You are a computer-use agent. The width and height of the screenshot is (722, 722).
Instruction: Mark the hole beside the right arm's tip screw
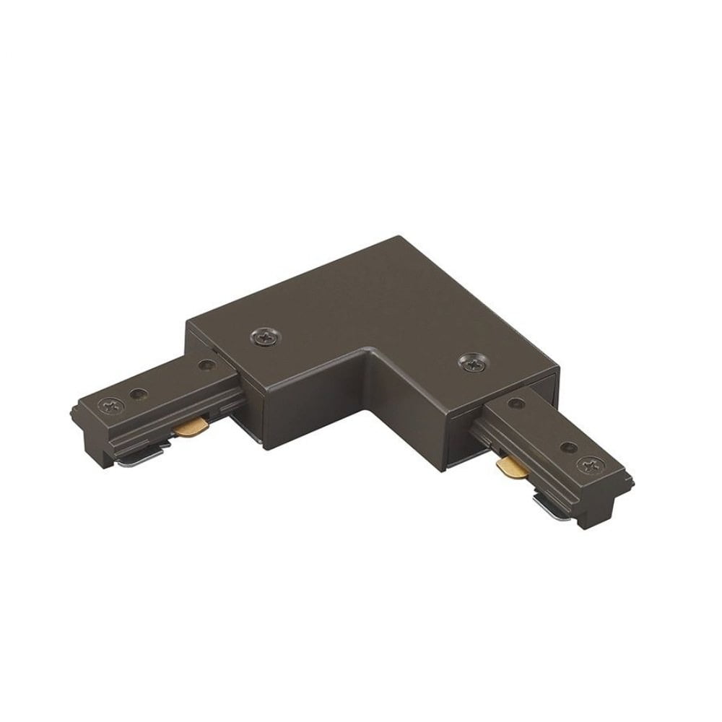[568, 448]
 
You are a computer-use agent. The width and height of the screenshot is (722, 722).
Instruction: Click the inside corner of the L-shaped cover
[369, 352]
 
